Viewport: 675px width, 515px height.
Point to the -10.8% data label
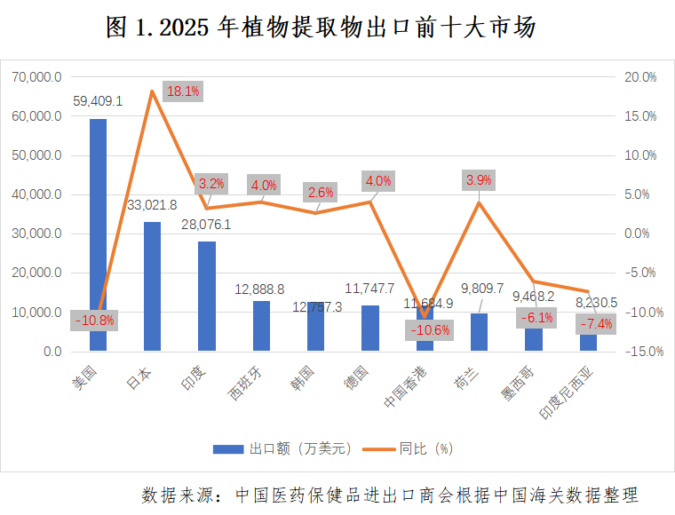[94, 320]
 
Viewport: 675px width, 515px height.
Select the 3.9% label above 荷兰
[479, 180]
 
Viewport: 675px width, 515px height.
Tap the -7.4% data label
[596, 324]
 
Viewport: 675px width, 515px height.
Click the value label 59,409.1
[98, 100]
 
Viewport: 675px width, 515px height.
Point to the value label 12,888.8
[259, 289]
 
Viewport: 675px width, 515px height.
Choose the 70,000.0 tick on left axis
[36, 77]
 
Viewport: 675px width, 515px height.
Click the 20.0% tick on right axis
[639, 77]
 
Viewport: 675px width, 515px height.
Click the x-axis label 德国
[358, 378]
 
